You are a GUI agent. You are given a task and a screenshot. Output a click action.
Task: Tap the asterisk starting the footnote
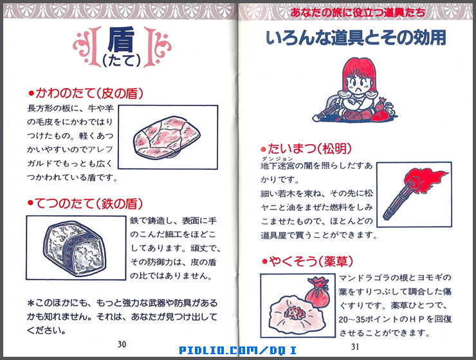pos(30,303)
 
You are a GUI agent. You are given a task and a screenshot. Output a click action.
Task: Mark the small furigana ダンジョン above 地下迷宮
pos(269,159)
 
